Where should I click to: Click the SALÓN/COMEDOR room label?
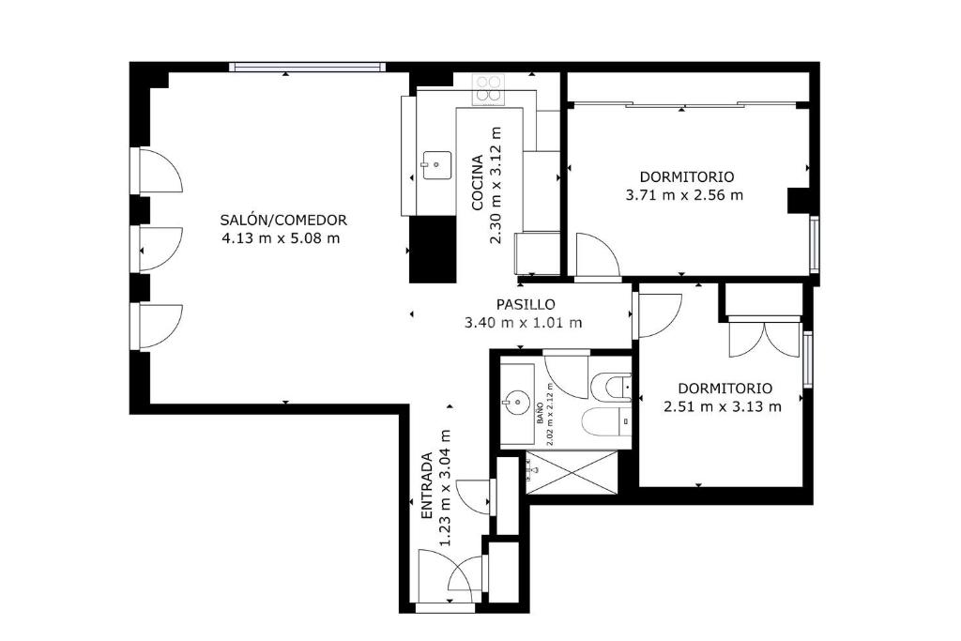(283, 220)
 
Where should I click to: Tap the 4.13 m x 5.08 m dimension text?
(281, 238)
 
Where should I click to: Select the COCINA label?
(478, 183)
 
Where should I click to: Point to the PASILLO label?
(526, 304)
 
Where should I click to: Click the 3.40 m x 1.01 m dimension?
(524, 322)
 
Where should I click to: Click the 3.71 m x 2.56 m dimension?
(684, 195)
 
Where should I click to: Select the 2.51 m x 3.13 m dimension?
(723, 406)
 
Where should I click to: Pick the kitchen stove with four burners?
(489, 89)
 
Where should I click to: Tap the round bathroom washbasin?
(517, 403)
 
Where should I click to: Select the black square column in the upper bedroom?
(799, 201)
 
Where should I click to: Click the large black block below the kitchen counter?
(433, 249)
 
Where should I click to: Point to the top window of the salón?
(307, 67)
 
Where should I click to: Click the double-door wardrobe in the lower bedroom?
(764, 336)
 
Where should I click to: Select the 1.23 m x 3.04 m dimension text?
(446, 488)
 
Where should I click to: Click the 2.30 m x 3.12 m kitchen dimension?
(496, 185)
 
